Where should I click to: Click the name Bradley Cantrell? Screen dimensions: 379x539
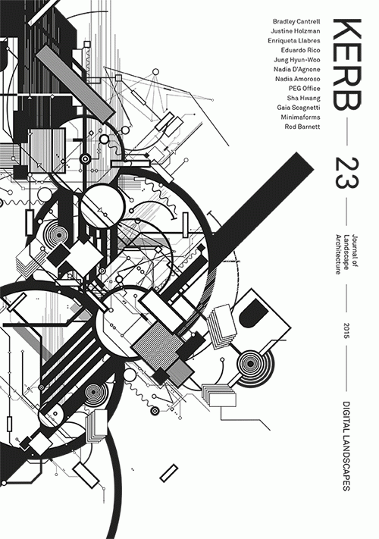pos(296,22)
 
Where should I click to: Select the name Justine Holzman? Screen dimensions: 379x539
pos(295,31)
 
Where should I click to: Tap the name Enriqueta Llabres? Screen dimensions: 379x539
pos(294,41)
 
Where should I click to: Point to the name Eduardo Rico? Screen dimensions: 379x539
pos(300,50)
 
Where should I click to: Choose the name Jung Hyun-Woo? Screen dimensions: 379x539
pos(297,60)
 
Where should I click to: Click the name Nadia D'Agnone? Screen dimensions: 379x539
pos(297,70)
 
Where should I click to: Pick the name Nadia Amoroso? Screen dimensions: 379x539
pos(298,79)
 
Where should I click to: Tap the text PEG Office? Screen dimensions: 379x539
pos(305,89)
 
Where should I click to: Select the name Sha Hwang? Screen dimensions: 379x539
pos(303,98)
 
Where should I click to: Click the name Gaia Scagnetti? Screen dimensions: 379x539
pos(299,108)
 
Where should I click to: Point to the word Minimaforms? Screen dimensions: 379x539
pos(300,118)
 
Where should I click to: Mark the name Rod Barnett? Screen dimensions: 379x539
pos(302,127)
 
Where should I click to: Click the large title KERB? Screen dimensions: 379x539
pos(346,65)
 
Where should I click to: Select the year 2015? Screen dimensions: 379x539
pos(346,331)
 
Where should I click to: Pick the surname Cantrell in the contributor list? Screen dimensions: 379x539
pos(309,22)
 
